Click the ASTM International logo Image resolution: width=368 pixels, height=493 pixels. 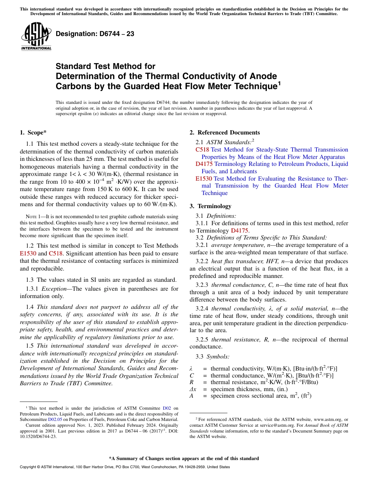pos(36,36)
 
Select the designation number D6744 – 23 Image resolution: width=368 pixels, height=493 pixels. pos(95,34)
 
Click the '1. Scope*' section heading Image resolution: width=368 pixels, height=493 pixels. pos(33,133)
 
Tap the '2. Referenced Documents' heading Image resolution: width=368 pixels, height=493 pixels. pos(225,133)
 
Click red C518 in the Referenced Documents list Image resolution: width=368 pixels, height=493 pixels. pos(202,150)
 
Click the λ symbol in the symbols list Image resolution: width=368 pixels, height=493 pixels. pos(191,368)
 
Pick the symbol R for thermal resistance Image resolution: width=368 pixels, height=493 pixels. pos(191,382)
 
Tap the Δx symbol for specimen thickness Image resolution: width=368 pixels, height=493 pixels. pos(193,389)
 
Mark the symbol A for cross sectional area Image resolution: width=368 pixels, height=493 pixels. pos(191,396)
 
